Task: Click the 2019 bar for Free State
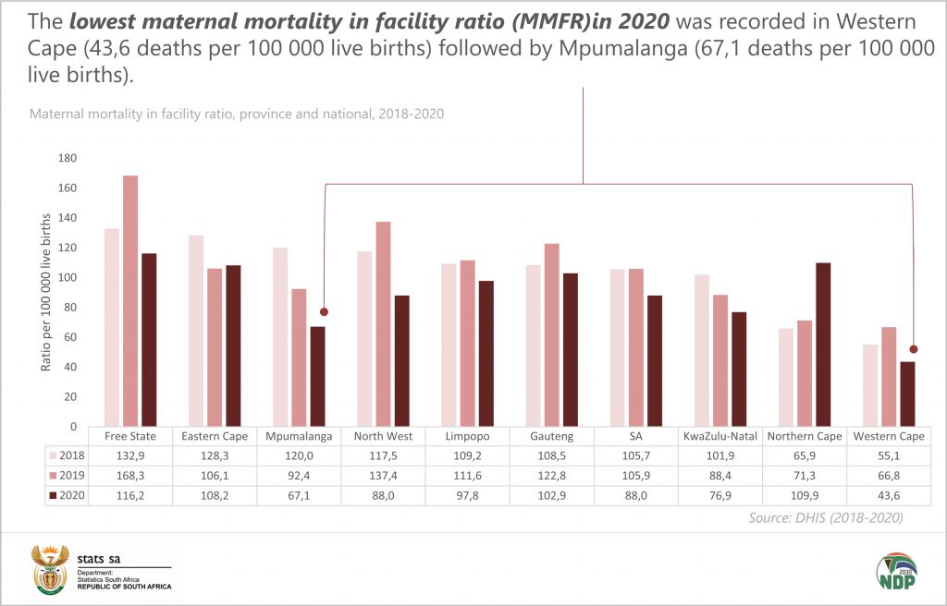pos(130,300)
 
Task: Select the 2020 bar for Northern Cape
pos(824,345)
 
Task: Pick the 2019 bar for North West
pos(383,323)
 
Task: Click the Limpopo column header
pos(467,436)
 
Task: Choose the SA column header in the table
pos(635,436)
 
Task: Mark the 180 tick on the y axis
pos(67,158)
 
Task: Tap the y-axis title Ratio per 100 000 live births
pos(45,293)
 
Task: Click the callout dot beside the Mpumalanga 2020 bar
pos(324,312)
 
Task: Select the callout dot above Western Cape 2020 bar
pos(914,349)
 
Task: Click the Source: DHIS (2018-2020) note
pos(825,518)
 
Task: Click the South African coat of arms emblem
pos(49,569)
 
